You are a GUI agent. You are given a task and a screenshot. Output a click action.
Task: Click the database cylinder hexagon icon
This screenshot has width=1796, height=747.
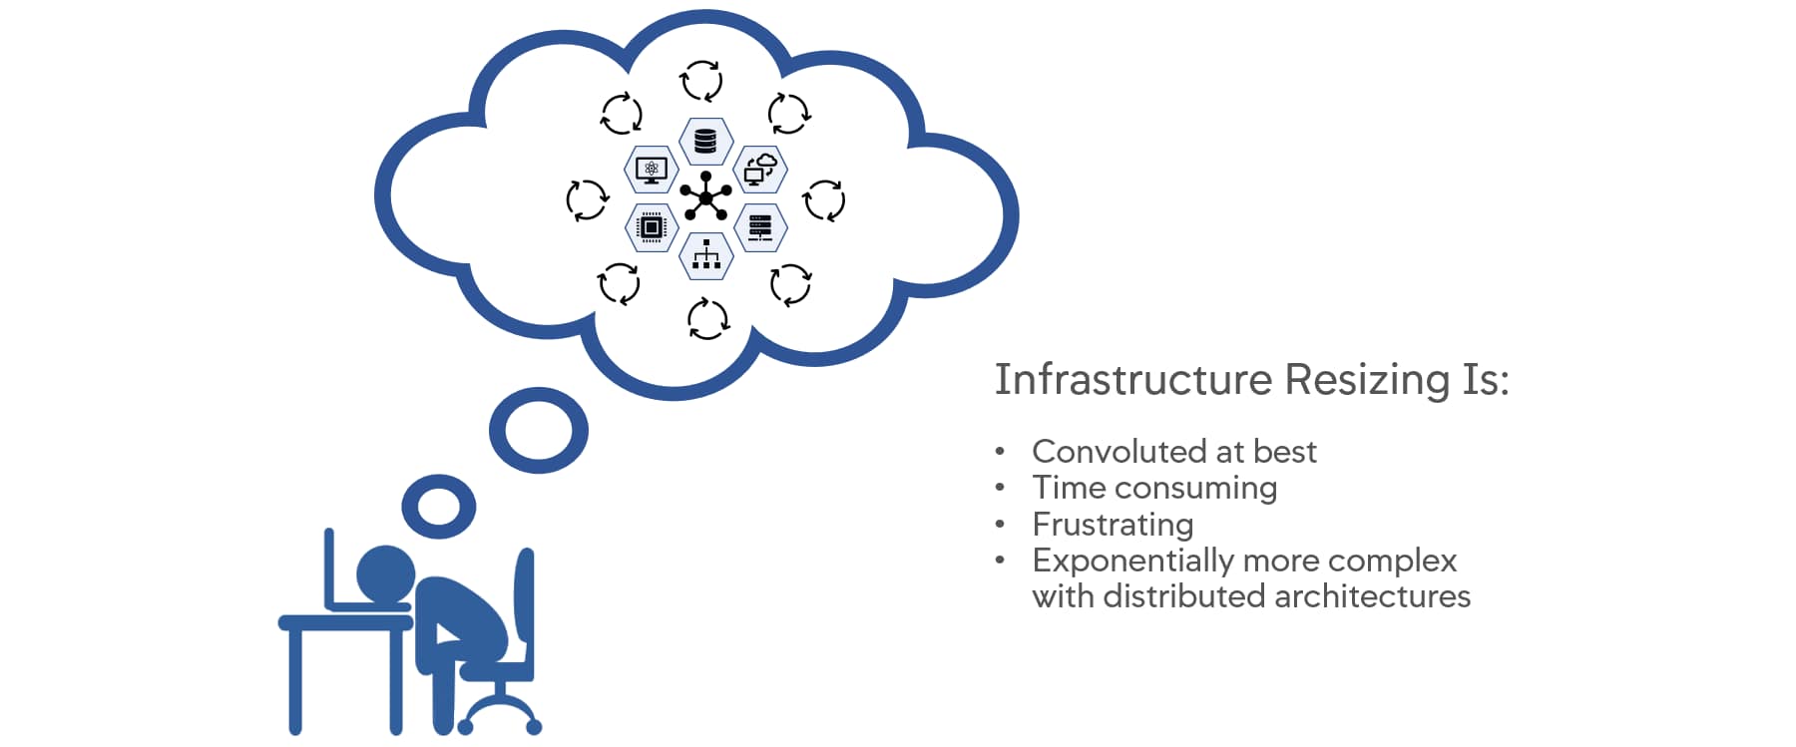click(705, 142)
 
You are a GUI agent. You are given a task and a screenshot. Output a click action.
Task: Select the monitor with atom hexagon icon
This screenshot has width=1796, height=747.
click(651, 170)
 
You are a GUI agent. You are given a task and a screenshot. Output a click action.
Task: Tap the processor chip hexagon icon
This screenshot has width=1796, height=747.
click(651, 227)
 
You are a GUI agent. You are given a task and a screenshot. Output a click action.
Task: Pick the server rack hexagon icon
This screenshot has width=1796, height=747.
click(760, 227)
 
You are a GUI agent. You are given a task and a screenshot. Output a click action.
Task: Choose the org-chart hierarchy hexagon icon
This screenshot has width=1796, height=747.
click(705, 255)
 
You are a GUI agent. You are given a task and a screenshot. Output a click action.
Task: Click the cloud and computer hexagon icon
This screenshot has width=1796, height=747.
click(760, 170)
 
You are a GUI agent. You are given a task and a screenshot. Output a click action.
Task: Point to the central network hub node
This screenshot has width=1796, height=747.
click(705, 198)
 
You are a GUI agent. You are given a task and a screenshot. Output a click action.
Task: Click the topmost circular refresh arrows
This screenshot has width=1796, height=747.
click(701, 80)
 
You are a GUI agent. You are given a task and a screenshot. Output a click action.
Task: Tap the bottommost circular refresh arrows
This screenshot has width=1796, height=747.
click(707, 319)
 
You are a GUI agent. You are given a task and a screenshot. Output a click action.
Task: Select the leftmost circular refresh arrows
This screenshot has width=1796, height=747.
click(587, 199)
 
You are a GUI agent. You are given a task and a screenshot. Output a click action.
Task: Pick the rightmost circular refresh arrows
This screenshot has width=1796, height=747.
click(824, 199)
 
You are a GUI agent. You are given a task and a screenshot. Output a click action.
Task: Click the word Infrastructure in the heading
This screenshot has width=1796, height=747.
click(1133, 380)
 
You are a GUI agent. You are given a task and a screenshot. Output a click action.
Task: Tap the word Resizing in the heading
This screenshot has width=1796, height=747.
click(1367, 380)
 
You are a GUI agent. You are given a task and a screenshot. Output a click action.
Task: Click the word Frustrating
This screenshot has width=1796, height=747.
click(1113, 525)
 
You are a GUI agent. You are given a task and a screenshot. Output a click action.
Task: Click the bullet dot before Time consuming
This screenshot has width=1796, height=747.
click(1000, 489)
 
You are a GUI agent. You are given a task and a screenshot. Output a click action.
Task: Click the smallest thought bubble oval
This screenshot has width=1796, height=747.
click(439, 506)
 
